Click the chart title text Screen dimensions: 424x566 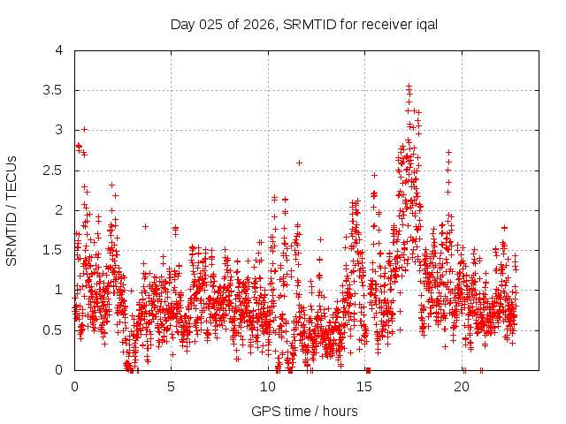(304, 24)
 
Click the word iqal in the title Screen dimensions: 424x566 (425, 24)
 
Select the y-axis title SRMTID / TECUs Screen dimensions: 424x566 (12, 210)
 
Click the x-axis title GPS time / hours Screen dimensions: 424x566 (304, 411)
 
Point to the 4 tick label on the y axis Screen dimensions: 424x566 (58, 50)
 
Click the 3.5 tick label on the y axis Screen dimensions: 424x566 (53, 90)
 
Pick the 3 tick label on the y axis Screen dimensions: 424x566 (58, 130)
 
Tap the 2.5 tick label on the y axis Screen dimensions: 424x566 (53, 170)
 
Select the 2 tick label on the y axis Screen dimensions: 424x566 (58, 210)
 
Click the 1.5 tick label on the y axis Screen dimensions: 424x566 (53, 250)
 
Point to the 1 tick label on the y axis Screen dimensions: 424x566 (58, 290)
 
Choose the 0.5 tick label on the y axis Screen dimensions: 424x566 (53, 330)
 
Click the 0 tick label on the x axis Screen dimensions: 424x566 (74, 387)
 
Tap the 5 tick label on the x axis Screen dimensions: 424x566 (172, 387)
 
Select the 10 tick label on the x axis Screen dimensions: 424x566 (268, 387)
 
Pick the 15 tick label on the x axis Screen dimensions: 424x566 (365, 387)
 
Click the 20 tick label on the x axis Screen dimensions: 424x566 (462, 387)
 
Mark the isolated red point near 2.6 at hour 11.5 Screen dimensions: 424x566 (299, 163)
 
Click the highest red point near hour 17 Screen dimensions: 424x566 (409, 86)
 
